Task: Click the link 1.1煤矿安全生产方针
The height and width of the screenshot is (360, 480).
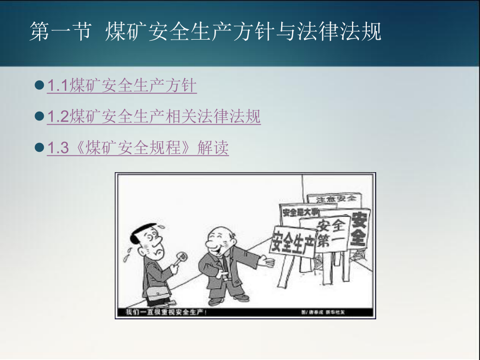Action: [122, 85]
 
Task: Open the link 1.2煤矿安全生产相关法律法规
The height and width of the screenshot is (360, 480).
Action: [154, 116]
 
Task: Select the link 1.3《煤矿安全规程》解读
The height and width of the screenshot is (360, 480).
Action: [138, 148]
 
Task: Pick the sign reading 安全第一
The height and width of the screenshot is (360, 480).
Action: [331, 233]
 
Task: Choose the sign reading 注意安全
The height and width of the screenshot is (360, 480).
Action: [333, 199]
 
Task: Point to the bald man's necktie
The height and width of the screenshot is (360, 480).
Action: [222, 263]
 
